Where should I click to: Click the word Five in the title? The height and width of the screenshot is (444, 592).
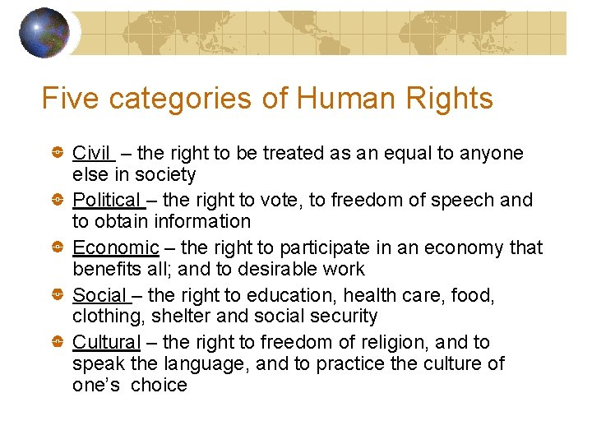69,99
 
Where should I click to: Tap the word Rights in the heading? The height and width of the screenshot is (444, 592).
450,99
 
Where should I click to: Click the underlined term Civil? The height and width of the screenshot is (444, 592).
91,153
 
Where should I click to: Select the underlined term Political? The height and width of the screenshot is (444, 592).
107,200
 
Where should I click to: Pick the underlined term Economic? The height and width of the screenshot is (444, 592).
115,247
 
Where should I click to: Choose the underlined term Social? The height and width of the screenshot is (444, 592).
99,294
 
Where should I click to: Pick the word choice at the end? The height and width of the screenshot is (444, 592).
160,385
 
